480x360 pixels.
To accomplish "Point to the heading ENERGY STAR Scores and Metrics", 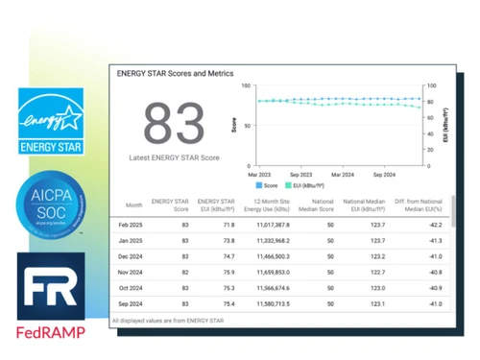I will pyautogui.click(x=175, y=72).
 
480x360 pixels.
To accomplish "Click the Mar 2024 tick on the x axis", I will pyautogui.click(x=343, y=175).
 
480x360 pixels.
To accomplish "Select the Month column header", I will pyautogui.click(x=134, y=204).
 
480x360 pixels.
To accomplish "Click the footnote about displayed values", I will pyautogui.click(x=172, y=320).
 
